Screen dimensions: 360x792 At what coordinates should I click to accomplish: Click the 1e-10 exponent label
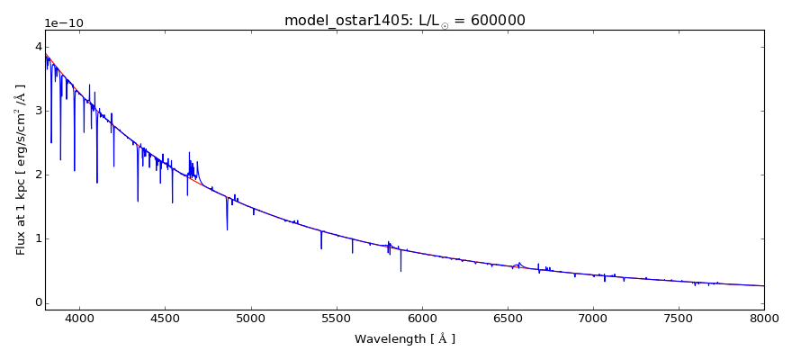(x=63, y=23)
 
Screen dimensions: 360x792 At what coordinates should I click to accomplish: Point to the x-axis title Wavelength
(x=404, y=339)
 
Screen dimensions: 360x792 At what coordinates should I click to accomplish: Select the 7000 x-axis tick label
(x=593, y=319)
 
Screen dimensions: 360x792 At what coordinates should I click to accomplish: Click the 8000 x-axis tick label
(x=764, y=319)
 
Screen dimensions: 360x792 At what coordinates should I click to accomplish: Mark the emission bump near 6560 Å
(x=518, y=264)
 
